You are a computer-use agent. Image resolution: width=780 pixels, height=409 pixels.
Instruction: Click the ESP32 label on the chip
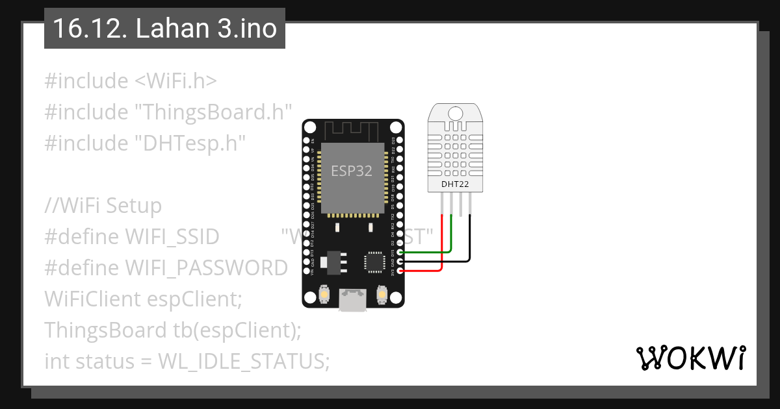point(351,171)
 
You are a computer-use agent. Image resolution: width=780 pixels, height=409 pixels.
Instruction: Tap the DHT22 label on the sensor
point(455,184)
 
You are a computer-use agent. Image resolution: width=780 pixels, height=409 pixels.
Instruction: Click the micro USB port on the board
point(352,300)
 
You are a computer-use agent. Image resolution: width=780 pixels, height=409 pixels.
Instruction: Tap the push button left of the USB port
point(324,295)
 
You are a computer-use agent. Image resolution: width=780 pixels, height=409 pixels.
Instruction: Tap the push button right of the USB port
point(382,295)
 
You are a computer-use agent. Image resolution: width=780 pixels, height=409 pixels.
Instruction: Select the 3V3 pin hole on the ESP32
point(400,270)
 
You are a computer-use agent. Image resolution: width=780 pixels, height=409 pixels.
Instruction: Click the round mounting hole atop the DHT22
point(455,113)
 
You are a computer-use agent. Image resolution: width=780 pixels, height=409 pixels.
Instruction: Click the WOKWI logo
point(690,358)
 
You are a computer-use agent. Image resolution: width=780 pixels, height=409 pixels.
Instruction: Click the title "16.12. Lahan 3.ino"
point(164,29)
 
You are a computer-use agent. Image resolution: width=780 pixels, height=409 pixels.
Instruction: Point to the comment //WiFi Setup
point(103,206)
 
